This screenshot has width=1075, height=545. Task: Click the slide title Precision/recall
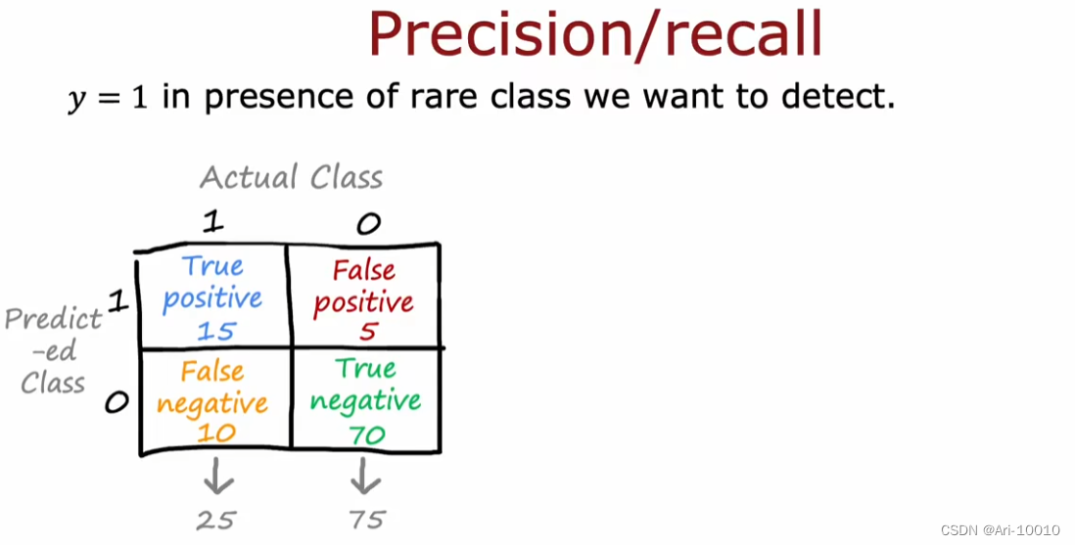(594, 34)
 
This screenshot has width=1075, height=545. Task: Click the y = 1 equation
(107, 99)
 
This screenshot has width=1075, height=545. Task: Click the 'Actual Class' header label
(291, 177)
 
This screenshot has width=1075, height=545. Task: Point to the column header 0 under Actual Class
(367, 225)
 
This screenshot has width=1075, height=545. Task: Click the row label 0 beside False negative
(117, 402)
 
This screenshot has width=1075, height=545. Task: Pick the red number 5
(367, 332)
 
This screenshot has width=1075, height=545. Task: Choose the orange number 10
(214, 432)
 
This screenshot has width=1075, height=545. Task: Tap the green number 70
(367, 433)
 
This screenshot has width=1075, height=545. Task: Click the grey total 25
(215, 520)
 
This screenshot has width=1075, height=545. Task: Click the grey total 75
(367, 520)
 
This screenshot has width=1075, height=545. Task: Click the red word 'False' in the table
(363, 271)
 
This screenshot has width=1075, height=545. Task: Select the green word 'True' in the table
(365, 369)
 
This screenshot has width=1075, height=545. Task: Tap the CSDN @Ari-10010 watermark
(1000, 530)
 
